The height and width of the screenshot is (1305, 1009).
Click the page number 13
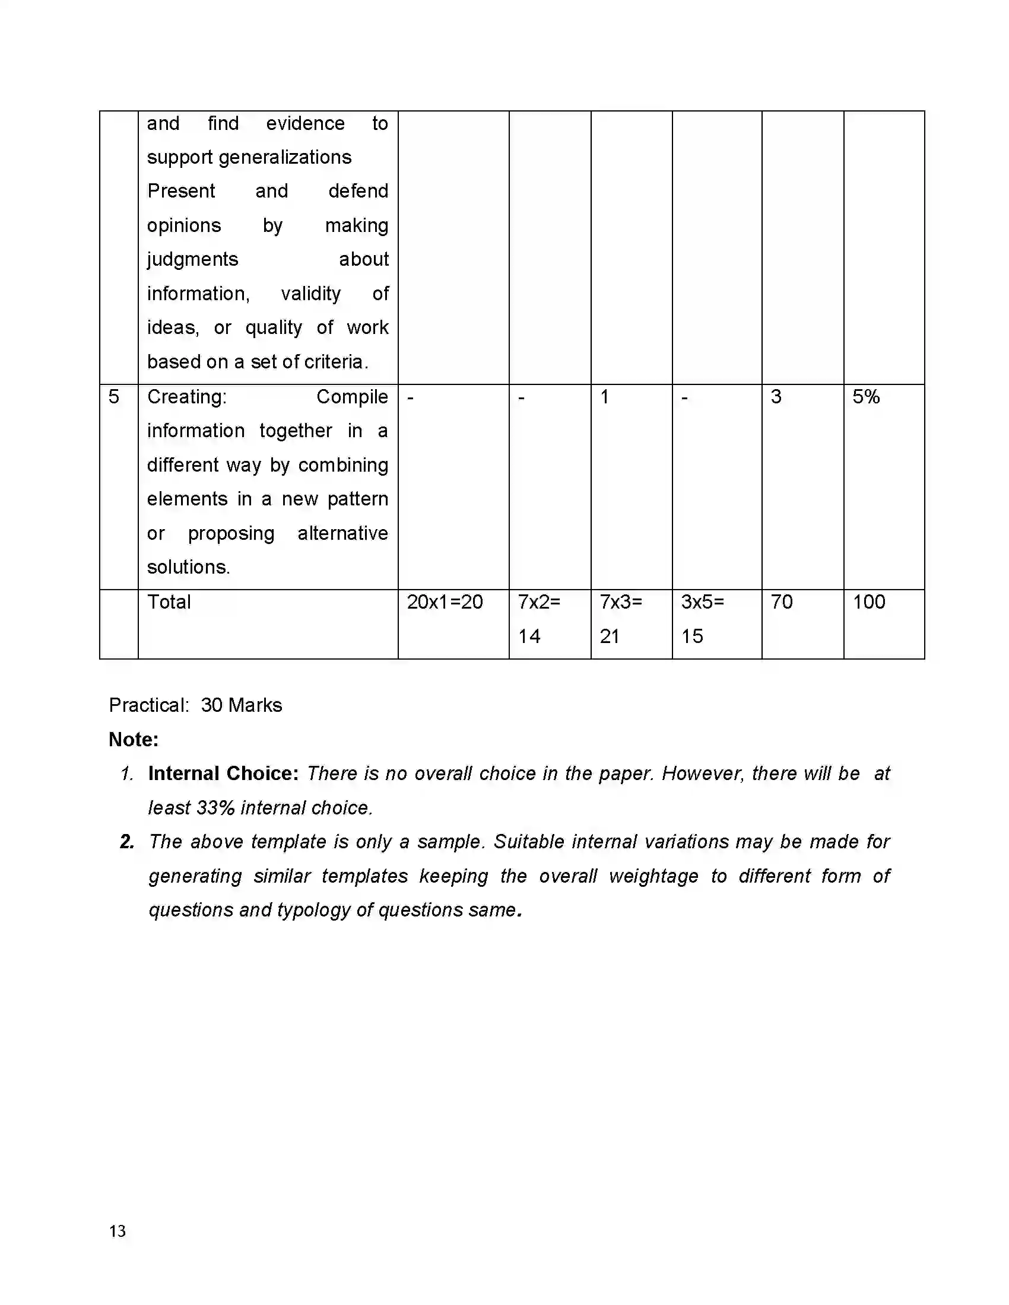pos(117,1231)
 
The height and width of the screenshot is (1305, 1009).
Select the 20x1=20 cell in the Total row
pos(444,601)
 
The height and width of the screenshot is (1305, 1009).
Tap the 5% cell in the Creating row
pos(865,397)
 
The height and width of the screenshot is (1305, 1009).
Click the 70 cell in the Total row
pos(781,601)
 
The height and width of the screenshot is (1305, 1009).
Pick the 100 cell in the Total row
pos(868,601)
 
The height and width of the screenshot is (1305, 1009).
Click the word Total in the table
pos(169,601)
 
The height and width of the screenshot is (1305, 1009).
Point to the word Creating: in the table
pos(186,397)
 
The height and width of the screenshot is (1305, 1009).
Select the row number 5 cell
pos(113,397)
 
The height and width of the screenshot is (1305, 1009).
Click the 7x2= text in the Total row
pos(538,601)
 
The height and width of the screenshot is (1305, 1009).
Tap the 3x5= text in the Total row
pos(702,601)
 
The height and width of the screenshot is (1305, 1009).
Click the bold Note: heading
pos(134,740)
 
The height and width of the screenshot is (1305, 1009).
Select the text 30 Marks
pos(241,705)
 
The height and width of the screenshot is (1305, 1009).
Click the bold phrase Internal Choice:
pos(223,774)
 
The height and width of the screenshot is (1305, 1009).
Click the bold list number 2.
pos(127,842)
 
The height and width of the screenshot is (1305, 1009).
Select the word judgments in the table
pos(192,259)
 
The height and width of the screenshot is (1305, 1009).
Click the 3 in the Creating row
pos(775,397)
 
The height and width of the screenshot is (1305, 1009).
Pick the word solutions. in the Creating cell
pos(188,567)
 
